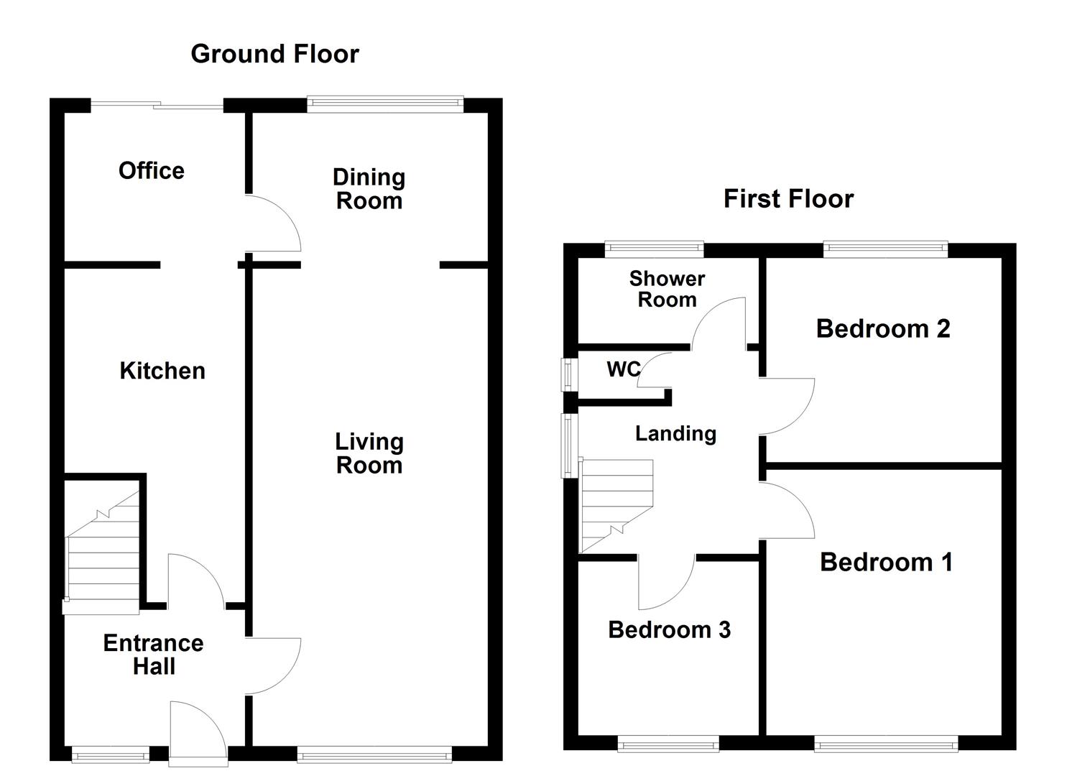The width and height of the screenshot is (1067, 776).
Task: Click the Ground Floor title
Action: pos(275,54)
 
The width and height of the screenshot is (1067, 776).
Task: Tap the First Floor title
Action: pos(788,198)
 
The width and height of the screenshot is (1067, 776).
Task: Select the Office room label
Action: pos(152,170)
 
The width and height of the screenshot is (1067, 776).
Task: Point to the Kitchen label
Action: pos(162,371)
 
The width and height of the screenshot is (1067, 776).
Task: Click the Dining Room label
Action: pos(369,189)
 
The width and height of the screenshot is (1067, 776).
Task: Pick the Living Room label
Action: pos(369,453)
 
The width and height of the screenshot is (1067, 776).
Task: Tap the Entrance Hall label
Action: pos(153,655)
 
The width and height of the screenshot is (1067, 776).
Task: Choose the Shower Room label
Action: pos(667,289)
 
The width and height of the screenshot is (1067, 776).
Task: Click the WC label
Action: pos(624,369)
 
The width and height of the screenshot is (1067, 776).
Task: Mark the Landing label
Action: pos(675,433)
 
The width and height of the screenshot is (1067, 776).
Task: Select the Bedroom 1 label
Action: pos(886,562)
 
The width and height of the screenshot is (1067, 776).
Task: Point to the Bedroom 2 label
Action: pos(883,328)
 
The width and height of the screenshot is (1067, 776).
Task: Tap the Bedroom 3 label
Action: pos(669,629)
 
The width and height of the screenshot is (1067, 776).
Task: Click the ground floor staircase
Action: pos(101,553)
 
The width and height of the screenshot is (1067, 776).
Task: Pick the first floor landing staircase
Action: pos(616,506)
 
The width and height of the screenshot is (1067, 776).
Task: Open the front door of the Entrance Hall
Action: pos(198,734)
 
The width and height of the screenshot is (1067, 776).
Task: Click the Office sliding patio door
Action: pos(157,106)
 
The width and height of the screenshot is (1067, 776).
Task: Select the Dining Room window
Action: pos(385,104)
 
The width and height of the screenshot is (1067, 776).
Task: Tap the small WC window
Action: pos(569,374)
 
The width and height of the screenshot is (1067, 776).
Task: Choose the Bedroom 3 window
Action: pos(668,744)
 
